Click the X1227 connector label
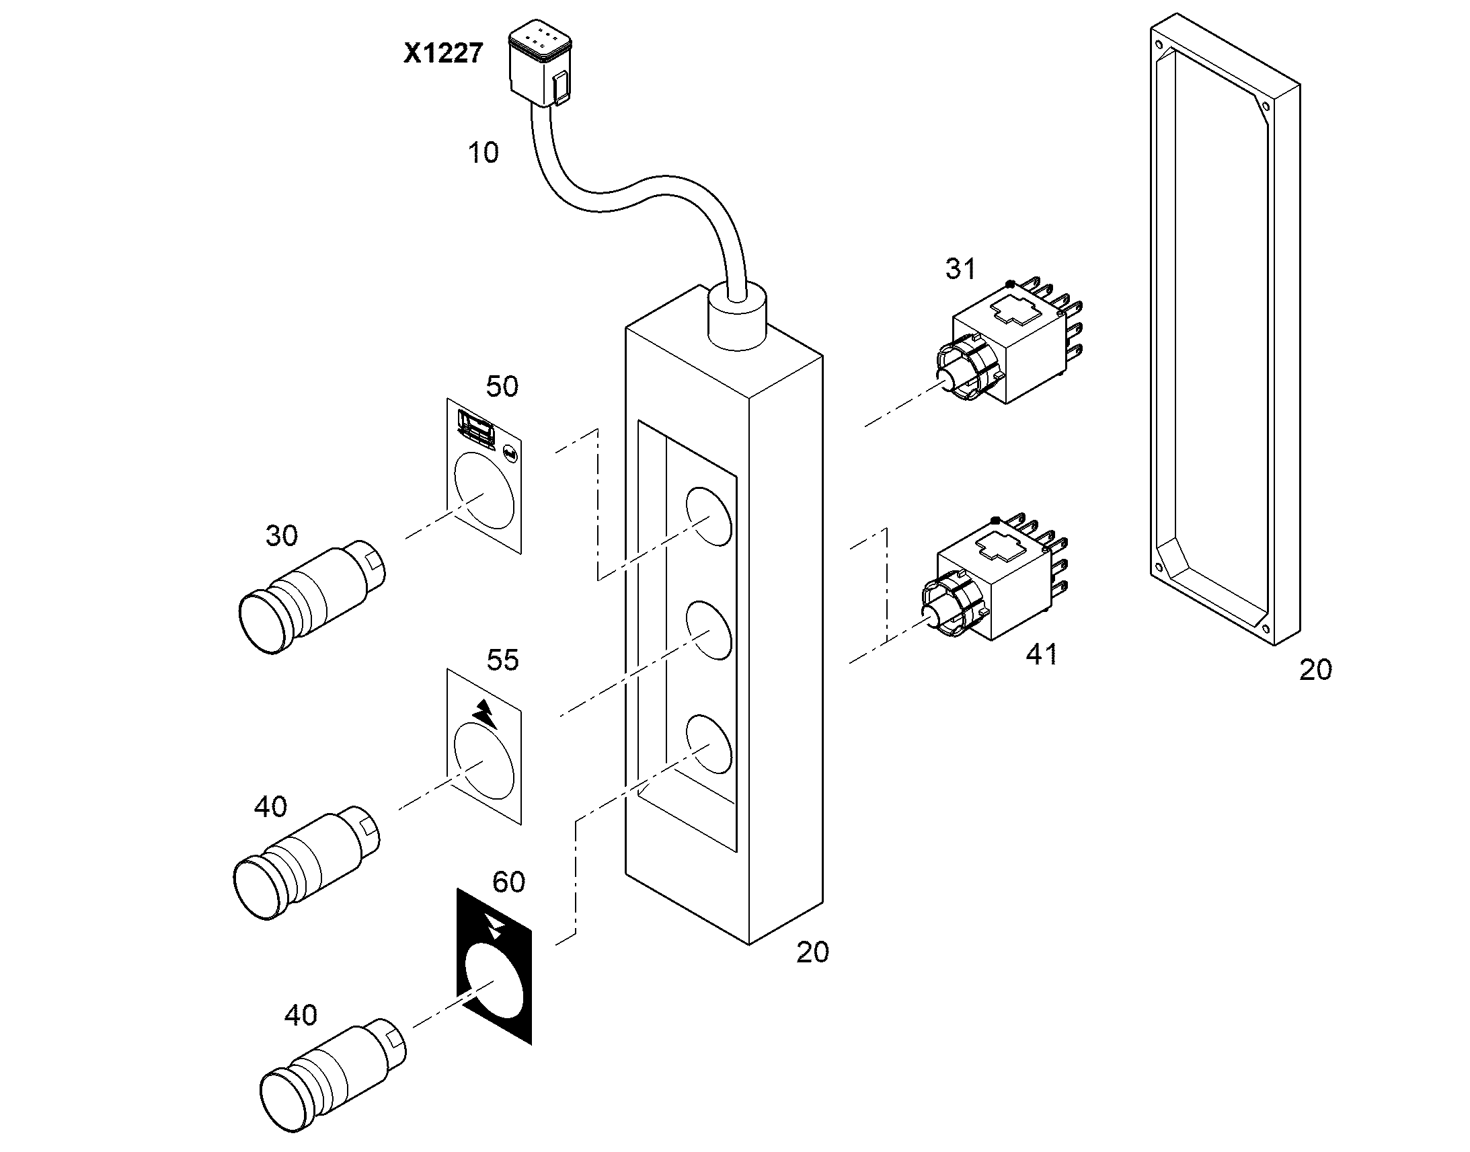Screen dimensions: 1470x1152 point(443,52)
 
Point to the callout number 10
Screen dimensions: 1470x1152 point(483,153)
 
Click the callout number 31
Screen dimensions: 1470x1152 point(960,269)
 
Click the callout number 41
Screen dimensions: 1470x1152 point(1042,654)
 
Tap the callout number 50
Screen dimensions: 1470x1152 point(502,387)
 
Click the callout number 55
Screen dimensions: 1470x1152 point(503,660)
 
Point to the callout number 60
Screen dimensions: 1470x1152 point(508,882)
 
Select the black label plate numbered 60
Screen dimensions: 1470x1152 point(494,966)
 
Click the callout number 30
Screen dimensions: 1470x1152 point(282,535)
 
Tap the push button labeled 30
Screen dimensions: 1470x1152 point(312,597)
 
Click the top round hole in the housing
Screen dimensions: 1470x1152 point(709,516)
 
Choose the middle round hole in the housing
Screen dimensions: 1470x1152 point(709,631)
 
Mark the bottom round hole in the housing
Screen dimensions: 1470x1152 point(709,744)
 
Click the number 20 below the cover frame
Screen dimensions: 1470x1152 point(1315,670)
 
